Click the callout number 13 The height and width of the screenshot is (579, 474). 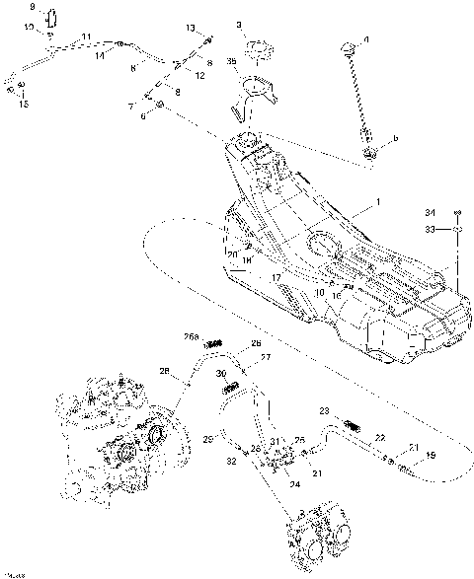(191, 29)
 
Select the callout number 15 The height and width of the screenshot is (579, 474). (24, 103)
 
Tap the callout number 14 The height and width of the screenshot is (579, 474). (99, 57)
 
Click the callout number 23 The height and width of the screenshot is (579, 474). (323, 409)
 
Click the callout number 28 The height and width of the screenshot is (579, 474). (164, 371)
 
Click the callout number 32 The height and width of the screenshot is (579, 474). (230, 461)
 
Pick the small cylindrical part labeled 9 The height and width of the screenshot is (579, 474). (52, 21)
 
